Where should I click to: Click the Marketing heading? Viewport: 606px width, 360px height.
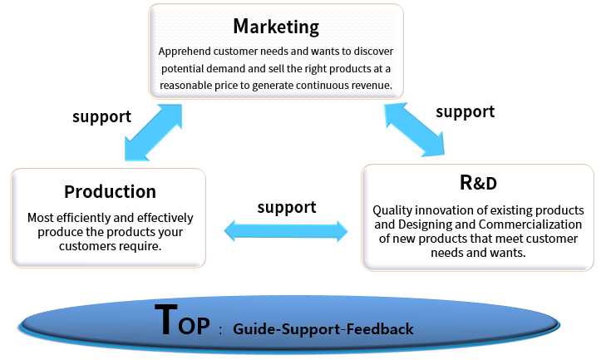coord(276,27)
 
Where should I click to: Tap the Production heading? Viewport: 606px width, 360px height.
coord(111,192)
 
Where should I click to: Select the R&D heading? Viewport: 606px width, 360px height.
coord(478,183)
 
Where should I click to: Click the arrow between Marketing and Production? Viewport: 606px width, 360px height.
coord(153,132)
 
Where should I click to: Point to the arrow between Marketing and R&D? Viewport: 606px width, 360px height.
coord(414,130)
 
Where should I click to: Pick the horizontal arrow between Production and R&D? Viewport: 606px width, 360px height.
coord(286,231)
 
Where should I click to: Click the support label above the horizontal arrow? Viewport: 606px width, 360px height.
coord(287,208)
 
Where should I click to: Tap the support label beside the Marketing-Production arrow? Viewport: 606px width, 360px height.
coord(101,116)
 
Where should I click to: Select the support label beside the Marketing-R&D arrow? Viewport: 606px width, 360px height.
coord(465,112)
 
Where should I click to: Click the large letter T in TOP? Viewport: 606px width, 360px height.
coord(166,319)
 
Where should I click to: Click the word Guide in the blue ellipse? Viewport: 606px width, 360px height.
coord(254,329)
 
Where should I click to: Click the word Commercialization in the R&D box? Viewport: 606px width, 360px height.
coord(530,224)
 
